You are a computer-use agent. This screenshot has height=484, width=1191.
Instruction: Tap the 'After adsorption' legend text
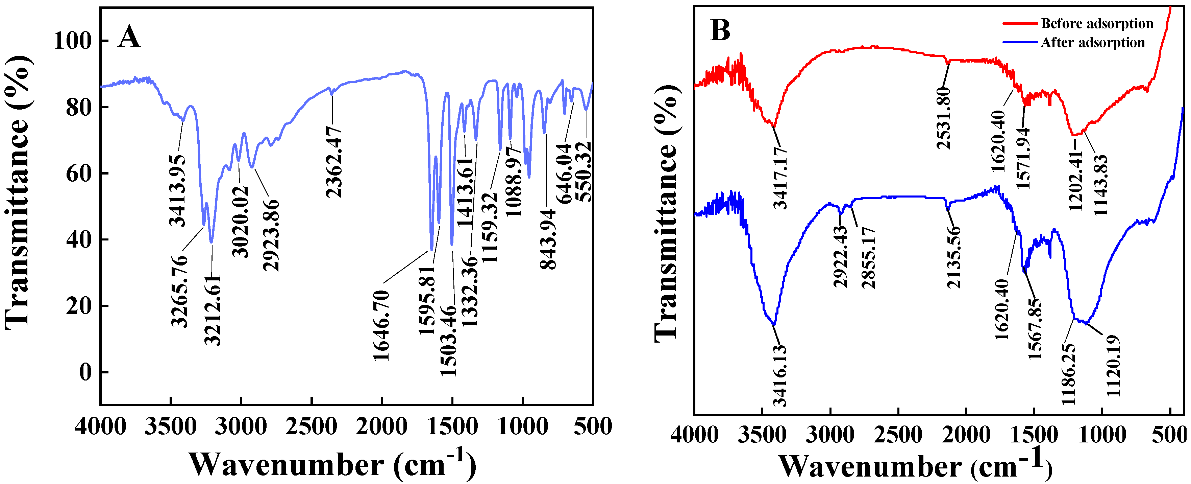1093,43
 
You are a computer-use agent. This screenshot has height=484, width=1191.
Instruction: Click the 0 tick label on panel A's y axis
85,372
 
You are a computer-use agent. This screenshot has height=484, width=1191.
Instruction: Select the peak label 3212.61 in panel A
213,310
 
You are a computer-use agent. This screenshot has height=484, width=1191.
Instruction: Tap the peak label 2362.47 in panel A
334,162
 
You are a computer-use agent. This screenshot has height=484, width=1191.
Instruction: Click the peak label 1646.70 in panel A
381,326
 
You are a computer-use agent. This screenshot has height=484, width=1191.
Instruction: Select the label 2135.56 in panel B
954,257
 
